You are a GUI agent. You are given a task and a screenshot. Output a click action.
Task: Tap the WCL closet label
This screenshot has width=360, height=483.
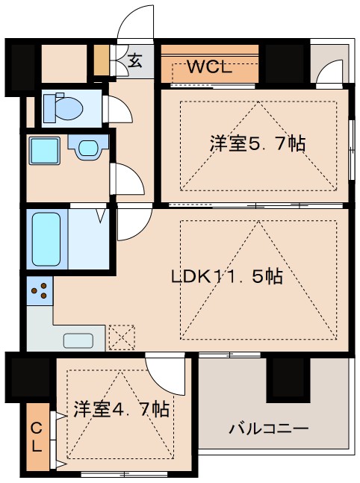209,66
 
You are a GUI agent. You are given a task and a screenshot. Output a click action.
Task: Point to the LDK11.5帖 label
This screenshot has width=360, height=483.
227,276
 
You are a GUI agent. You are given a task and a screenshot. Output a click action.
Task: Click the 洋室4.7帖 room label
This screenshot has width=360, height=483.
120,409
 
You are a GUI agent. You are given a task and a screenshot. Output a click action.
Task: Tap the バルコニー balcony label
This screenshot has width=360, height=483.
269,429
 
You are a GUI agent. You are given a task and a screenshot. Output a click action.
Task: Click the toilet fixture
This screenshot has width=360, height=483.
63,107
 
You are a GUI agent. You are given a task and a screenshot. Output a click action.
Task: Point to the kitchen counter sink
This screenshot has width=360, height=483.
78,340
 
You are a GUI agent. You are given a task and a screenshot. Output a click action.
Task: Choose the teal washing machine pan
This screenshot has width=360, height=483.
46,152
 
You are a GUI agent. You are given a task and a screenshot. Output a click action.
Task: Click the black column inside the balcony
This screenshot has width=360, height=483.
288,379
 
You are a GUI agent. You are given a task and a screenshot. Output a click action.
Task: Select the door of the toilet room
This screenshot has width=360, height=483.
120,110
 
